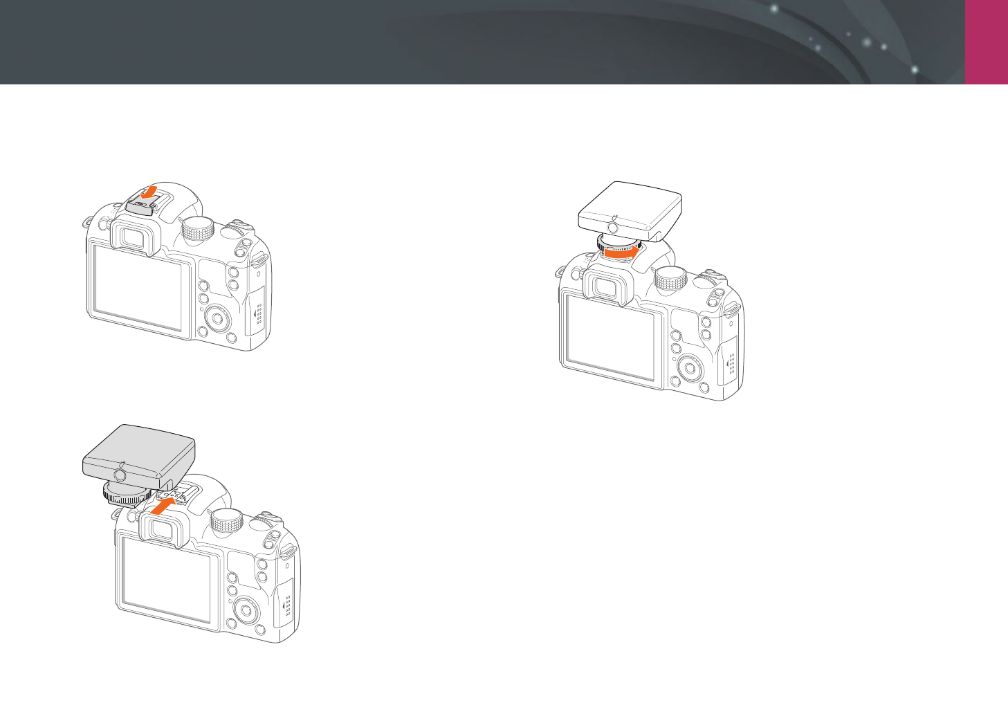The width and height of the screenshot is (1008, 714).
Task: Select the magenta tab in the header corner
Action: (x=987, y=42)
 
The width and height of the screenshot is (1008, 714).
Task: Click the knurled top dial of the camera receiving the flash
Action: (x=227, y=521)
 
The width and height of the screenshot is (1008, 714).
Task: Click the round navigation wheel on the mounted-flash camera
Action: (x=690, y=368)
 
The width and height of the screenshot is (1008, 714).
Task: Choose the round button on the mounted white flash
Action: (x=612, y=227)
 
